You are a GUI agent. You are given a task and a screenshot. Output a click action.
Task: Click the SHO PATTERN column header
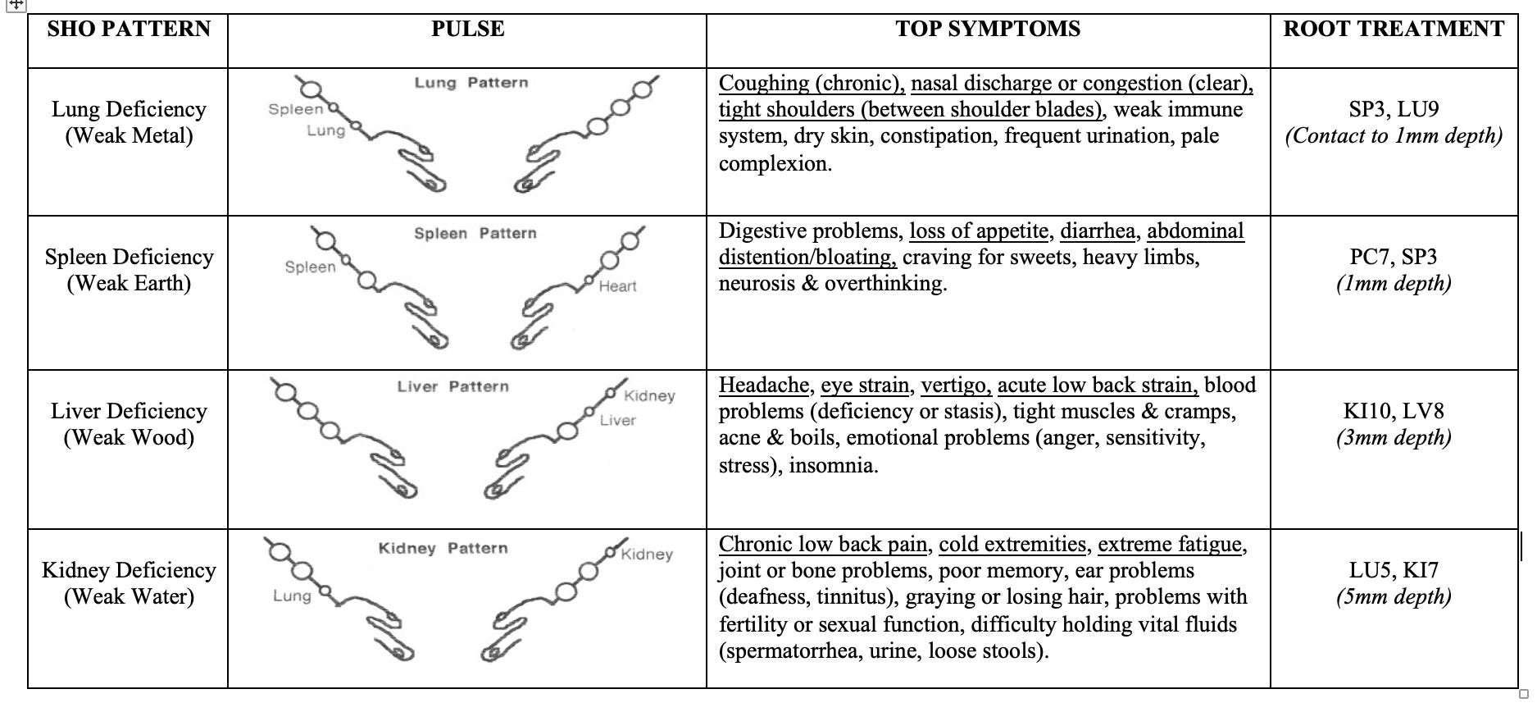129,30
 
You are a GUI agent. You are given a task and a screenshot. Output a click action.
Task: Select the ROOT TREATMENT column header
1394,30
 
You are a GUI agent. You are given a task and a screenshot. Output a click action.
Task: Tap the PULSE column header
467,30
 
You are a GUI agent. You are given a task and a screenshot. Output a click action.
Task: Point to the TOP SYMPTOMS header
988,30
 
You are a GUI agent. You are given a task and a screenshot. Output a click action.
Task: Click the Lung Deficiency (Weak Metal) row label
129,122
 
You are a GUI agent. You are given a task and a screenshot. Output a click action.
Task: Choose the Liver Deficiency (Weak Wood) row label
129,424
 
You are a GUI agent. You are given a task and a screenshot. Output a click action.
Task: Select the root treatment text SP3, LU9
1394,109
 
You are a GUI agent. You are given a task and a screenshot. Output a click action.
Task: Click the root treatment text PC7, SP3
1394,257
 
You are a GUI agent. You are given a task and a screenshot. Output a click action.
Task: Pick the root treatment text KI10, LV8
1394,411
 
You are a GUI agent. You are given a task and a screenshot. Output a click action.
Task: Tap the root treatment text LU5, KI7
1394,570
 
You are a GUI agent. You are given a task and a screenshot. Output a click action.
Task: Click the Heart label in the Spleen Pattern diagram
617,286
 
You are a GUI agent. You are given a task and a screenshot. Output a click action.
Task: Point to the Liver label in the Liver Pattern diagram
617,421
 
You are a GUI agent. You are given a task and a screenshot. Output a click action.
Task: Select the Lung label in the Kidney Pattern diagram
292,596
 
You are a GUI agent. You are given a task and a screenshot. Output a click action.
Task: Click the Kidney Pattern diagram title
443,548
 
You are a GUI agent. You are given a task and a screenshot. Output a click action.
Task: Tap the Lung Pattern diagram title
471,83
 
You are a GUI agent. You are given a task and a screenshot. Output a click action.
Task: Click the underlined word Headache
763,386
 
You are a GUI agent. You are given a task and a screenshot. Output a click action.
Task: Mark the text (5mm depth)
1394,596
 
